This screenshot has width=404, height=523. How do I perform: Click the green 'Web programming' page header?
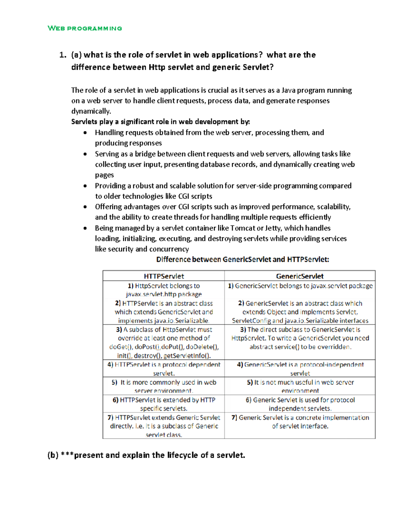[85, 28]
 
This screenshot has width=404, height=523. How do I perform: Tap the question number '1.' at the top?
[63, 55]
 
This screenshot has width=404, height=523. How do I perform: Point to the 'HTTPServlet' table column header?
[164, 276]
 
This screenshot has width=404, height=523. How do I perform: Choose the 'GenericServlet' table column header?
[300, 276]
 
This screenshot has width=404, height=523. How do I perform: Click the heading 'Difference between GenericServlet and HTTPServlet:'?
[242, 259]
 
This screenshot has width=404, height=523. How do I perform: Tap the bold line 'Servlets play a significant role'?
[160, 122]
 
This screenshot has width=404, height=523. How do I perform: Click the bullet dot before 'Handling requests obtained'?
[85, 133]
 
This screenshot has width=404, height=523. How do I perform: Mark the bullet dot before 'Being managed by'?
[85, 228]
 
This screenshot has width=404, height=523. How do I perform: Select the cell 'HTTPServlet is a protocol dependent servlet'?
[164, 369]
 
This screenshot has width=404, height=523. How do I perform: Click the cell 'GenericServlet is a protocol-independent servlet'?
[300, 369]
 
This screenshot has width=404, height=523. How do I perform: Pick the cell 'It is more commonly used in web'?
[164, 386]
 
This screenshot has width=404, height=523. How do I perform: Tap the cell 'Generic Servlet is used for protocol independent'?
[300, 404]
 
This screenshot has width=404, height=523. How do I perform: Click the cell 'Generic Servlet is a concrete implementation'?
[300, 422]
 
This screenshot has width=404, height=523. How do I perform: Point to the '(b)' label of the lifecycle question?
[53, 455]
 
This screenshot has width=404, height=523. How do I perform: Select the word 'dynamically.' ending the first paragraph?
[91, 111]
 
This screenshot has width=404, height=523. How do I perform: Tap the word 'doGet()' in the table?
[120, 347]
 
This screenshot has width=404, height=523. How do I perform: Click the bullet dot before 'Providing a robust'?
[85, 186]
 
